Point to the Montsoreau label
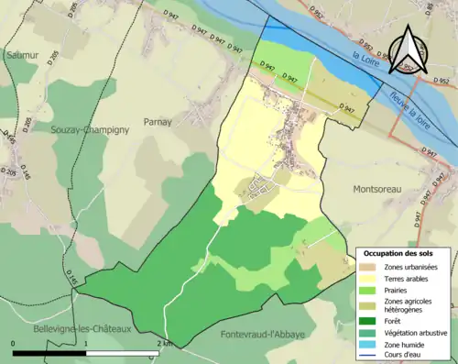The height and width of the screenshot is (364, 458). pos(379,189)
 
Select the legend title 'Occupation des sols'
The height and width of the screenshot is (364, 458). pos(401,252)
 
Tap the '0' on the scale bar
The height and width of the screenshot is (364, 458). pos(14,344)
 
